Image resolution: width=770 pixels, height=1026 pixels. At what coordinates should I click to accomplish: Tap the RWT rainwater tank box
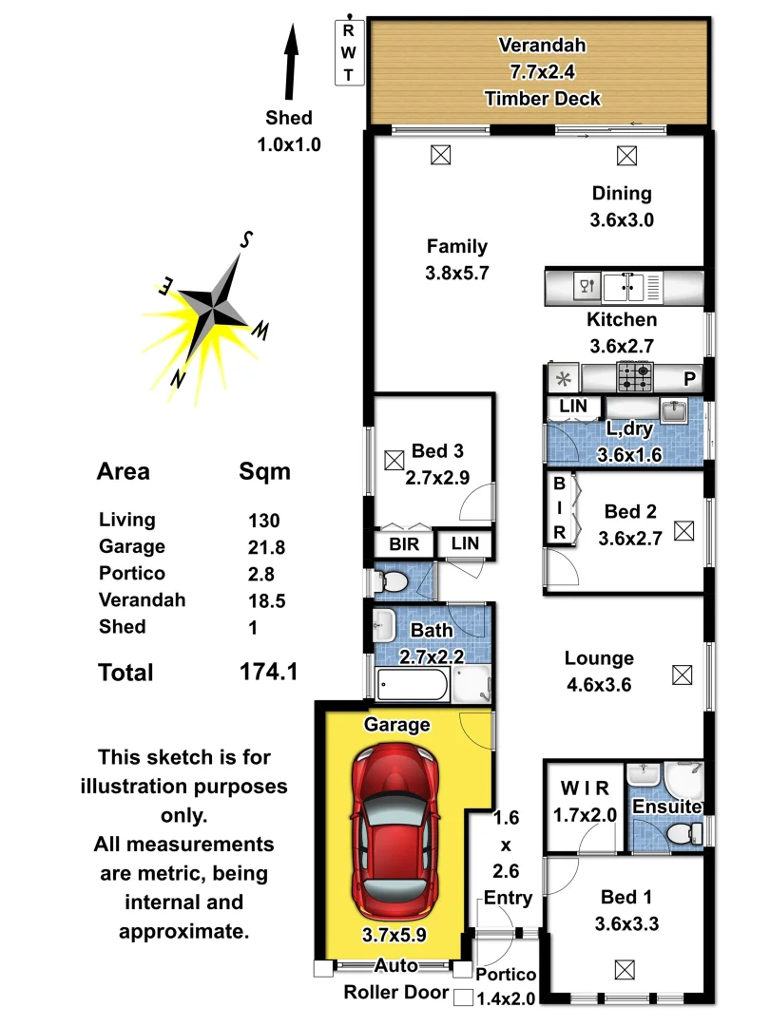coord(349,52)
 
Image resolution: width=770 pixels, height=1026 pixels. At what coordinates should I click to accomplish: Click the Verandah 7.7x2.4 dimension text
coord(543,71)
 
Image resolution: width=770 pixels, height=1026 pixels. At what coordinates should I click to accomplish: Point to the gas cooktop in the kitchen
coord(635,378)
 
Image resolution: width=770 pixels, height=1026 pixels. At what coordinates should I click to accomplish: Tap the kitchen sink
coord(626,285)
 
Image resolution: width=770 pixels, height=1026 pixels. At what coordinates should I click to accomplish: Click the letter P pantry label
coord(689,379)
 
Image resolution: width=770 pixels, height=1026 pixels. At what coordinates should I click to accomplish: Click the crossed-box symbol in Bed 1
coord(625,970)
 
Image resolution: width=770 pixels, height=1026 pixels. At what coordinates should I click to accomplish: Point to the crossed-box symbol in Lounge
coord(682,675)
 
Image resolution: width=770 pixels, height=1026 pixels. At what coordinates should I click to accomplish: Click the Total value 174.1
coord(269,673)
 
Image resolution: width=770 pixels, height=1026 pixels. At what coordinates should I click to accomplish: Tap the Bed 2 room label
coord(630,512)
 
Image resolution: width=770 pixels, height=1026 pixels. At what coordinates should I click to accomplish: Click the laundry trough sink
coord(674,411)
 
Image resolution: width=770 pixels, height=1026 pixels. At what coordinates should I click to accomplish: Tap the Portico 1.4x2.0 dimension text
coord(506,986)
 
